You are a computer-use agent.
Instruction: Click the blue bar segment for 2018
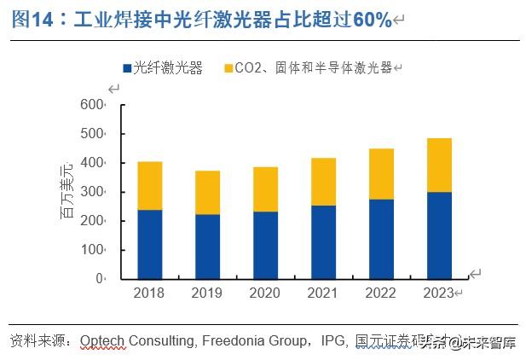pyautogui.click(x=150, y=244)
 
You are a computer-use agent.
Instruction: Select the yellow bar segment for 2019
pyautogui.click(x=207, y=192)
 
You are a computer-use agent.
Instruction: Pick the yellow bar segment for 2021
pyautogui.click(x=323, y=182)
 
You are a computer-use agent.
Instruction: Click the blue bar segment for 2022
pyautogui.click(x=381, y=239)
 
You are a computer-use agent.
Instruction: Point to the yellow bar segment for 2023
pyautogui.click(x=438, y=165)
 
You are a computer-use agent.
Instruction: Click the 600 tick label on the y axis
pyautogui.click(x=90, y=105)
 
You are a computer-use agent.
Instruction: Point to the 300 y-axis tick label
pyautogui.click(x=90, y=192)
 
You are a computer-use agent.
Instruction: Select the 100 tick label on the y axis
pyautogui.click(x=90, y=250)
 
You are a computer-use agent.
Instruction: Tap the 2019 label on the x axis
pyautogui.click(x=207, y=293)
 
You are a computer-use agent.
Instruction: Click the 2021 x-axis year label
pyautogui.click(x=323, y=293)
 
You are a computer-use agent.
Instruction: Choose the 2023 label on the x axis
pyautogui.click(x=438, y=293)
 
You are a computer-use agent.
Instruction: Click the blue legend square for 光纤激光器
pyautogui.click(x=125, y=68)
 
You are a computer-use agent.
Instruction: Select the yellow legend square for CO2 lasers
pyautogui.click(x=228, y=68)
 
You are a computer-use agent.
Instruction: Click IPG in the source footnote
pyautogui.click(x=333, y=341)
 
